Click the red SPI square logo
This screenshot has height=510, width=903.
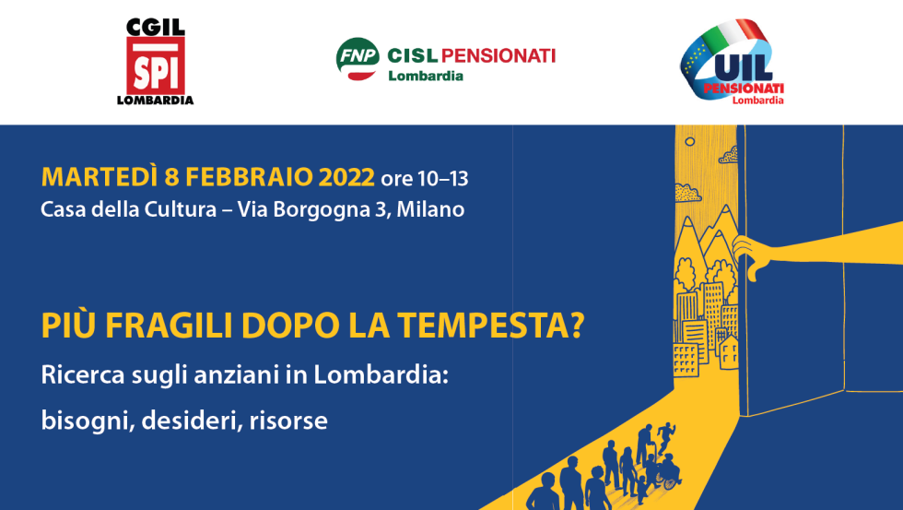(x=156, y=66)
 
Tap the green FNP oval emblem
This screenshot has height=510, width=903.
(x=358, y=56)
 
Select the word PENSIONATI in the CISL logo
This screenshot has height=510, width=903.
(x=498, y=56)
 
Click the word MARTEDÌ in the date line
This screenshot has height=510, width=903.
(x=99, y=177)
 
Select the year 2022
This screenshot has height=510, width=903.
(x=346, y=177)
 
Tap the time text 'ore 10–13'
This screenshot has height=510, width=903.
(x=425, y=179)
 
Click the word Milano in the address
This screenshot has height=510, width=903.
(x=430, y=209)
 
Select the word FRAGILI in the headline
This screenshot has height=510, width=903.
(x=170, y=325)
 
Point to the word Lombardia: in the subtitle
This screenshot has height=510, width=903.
(x=381, y=375)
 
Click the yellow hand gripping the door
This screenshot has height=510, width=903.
(x=755, y=255)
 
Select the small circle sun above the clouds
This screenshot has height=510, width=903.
(x=689, y=141)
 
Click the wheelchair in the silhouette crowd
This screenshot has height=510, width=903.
(x=669, y=477)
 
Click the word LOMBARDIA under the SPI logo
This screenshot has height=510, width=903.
(x=156, y=101)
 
